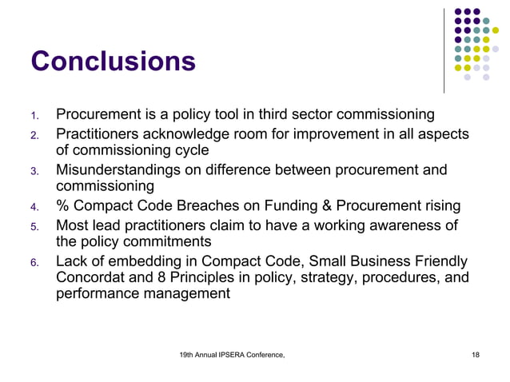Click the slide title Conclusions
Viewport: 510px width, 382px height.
tap(112, 62)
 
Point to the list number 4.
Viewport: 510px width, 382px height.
tap(34, 209)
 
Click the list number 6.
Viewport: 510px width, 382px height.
tap(34, 263)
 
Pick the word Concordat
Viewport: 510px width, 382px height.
tap(93, 277)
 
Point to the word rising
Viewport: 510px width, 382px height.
tap(440, 208)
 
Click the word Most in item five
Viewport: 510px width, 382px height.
tap(72, 226)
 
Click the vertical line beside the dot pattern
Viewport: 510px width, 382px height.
tap(444, 48)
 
